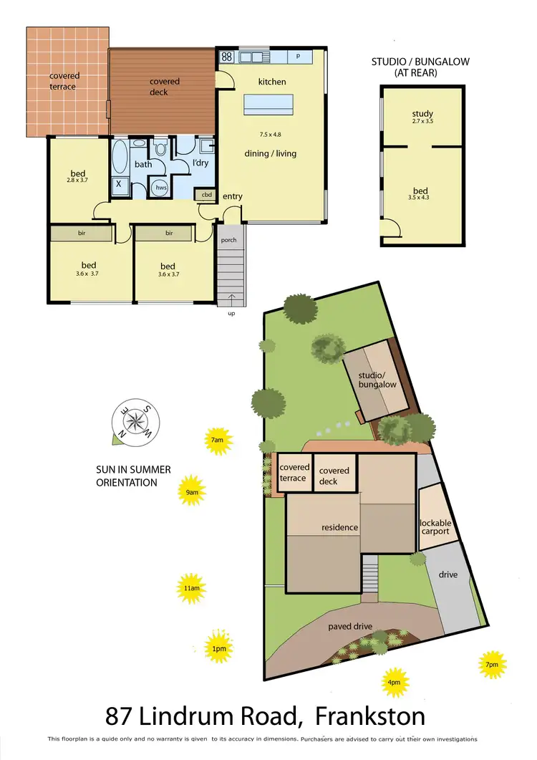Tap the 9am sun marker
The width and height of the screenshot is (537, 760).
coord(191,491)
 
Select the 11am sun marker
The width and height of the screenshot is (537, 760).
coord(191,589)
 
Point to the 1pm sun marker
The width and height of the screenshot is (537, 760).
coord(219,648)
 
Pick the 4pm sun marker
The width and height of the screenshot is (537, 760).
coord(395,681)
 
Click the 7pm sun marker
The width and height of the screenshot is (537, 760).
coord(492,664)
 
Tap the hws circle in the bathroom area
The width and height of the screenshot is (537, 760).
coord(160,188)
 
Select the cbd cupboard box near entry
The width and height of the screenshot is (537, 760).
coord(206,194)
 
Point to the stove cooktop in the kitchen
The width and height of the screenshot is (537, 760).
coord(226,56)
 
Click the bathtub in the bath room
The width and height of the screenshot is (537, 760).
coord(120,155)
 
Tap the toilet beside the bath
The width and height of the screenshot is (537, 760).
coord(160,149)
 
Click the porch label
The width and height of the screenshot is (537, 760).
coord(228,240)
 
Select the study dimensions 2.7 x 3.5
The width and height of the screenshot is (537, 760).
coord(422,122)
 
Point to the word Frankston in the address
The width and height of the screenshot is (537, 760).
coord(370,715)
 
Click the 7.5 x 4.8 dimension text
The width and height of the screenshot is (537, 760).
coord(271,135)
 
